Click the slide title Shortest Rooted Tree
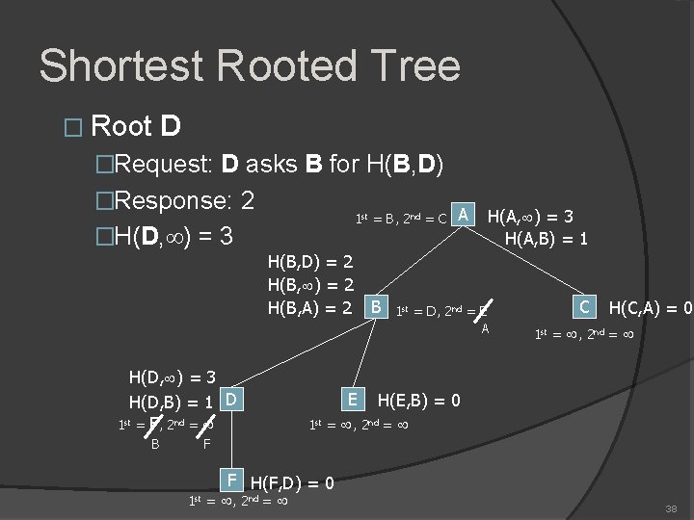tap(249, 66)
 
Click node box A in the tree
tap(465, 214)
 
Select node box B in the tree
tap(376, 307)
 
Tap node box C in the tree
tap(584, 307)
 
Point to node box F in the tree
tap(231, 479)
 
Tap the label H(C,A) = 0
tap(651, 308)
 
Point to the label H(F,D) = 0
tap(292, 482)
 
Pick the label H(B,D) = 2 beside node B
tap(312, 262)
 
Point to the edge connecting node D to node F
tap(231, 439)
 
